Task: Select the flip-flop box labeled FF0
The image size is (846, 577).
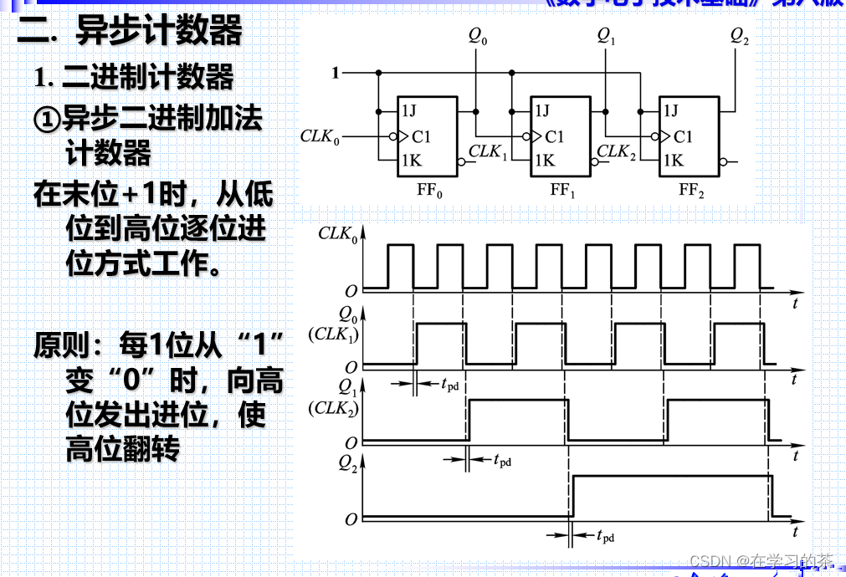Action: click(x=428, y=136)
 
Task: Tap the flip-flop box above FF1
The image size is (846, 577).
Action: click(x=561, y=136)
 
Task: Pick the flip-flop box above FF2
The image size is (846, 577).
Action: click(x=690, y=136)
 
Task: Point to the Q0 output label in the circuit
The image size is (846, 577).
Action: click(x=478, y=35)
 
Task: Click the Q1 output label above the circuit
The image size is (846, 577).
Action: click(x=607, y=35)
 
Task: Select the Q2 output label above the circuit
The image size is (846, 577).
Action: click(x=740, y=35)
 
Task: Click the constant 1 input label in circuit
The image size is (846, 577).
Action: click(x=336, y=73)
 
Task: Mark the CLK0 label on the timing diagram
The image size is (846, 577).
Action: click(x=338, y=235)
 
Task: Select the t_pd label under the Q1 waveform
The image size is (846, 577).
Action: click(x=501, y=460)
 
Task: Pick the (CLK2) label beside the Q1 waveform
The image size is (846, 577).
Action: click(x=333, y=408)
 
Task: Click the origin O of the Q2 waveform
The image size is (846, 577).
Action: click(x=351, y=519)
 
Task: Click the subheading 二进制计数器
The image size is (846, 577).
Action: click(x=135, y=78)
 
